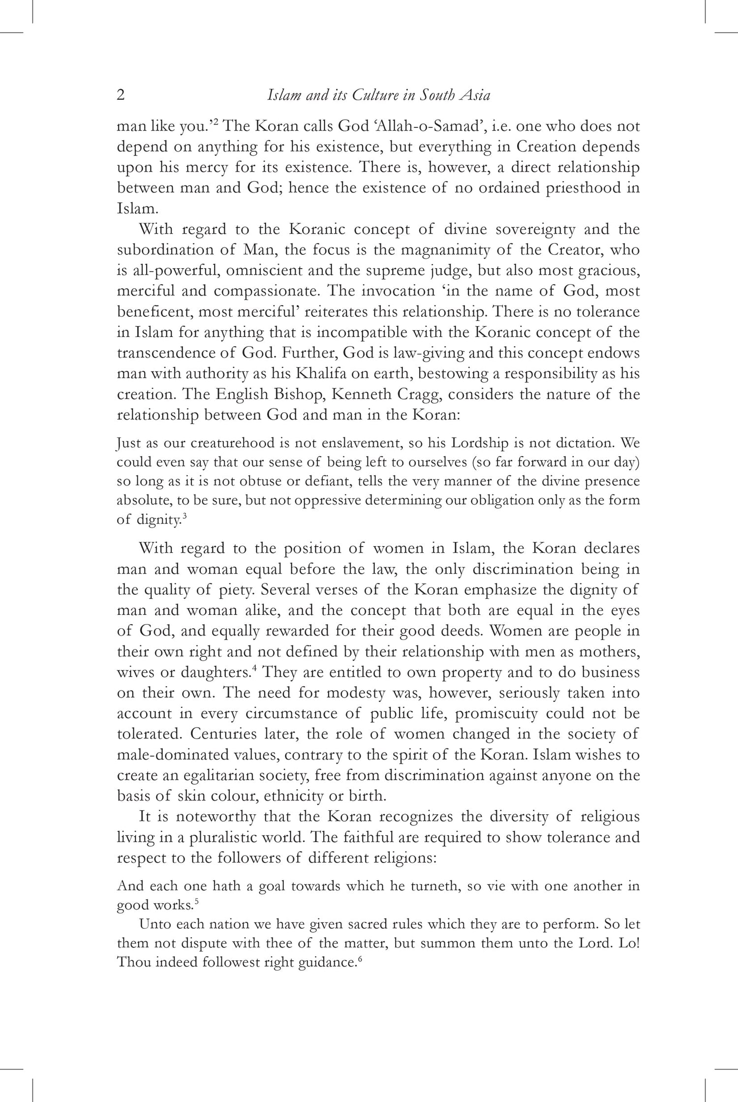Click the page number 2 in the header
tap(121, 95)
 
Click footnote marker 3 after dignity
tap(184, 516)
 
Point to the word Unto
tap(154, 924)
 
